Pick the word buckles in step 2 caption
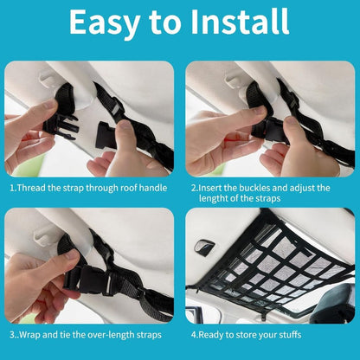coord(273,186)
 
